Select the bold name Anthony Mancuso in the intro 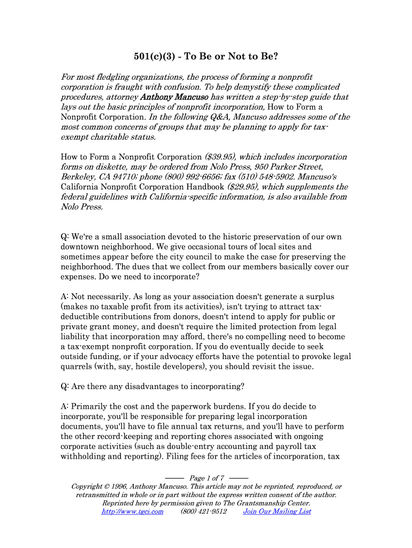[x=174, y=97]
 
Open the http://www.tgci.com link [x=132, y=512]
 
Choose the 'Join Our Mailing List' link [x=277, y=512]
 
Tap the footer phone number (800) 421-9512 [x=203, y=512]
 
